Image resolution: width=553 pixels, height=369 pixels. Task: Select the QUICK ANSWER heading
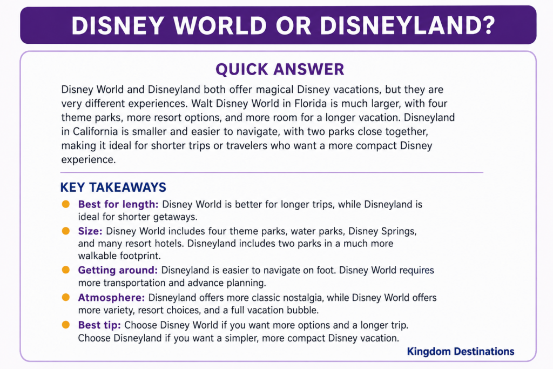(280, 70)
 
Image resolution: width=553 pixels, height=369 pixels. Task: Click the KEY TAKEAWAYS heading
(113, 187)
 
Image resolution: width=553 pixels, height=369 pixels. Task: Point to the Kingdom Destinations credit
(461, 351)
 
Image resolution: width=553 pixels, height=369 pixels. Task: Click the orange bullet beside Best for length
(65, 204)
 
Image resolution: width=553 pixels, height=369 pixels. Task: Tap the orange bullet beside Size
(65, 231)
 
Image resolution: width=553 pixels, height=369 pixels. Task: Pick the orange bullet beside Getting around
(65, 270)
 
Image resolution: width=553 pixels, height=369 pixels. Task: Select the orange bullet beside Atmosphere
(65, 297)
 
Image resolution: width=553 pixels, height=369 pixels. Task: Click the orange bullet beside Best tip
(65, 325)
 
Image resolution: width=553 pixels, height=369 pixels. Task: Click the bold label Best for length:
(118, 205)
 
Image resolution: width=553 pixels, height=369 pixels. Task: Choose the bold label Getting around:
(118, 270)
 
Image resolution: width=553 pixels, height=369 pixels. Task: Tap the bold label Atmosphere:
(111, 298)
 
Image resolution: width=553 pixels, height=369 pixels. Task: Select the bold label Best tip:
(99, 325)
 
